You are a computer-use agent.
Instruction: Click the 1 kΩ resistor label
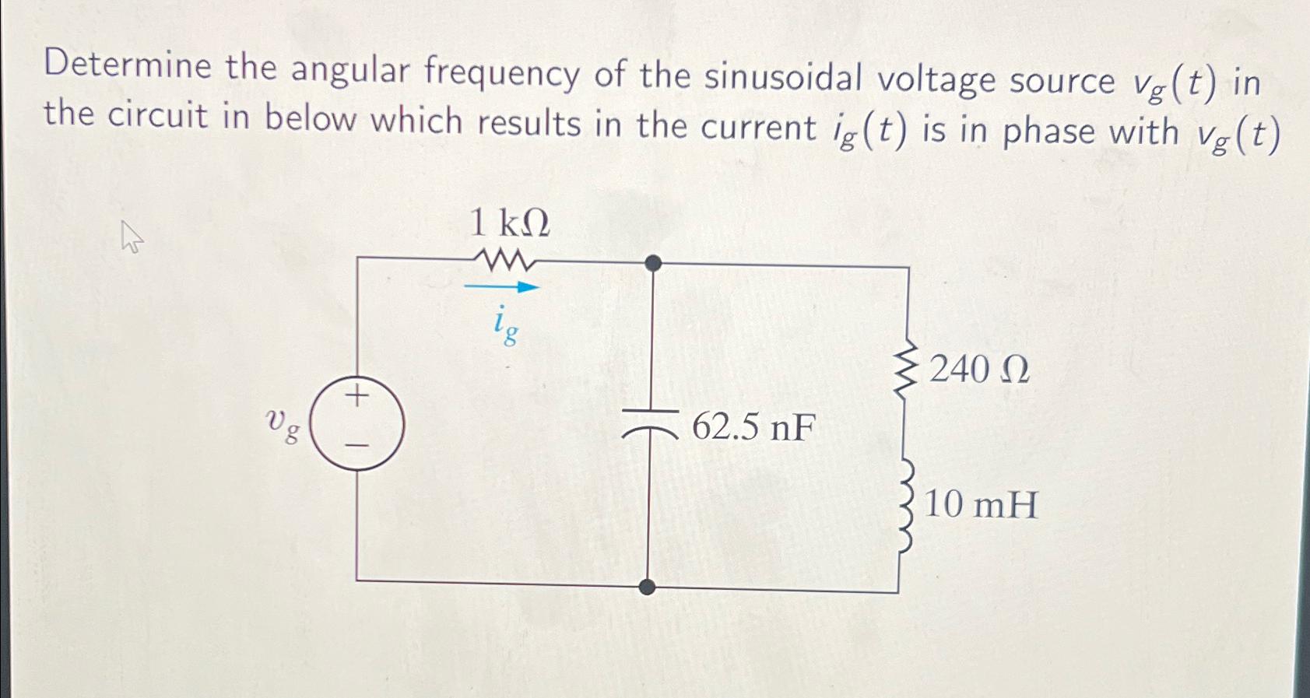point(510,224)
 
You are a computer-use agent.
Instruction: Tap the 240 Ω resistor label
point(979,370)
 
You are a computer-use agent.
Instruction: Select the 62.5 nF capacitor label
point(753,427)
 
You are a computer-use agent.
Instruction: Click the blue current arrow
point(502,287)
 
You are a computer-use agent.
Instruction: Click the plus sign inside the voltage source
point(357,397)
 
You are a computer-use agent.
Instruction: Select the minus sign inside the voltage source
point(356,446)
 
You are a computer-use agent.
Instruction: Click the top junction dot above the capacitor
point(654,263)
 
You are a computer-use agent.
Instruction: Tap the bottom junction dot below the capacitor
point(647,587)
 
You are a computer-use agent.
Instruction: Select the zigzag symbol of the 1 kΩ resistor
point(509,260)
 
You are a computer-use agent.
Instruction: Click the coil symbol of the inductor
point(905,505)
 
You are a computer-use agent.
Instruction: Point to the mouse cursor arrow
point(132,237)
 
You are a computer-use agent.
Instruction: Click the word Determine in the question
point(128,65)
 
